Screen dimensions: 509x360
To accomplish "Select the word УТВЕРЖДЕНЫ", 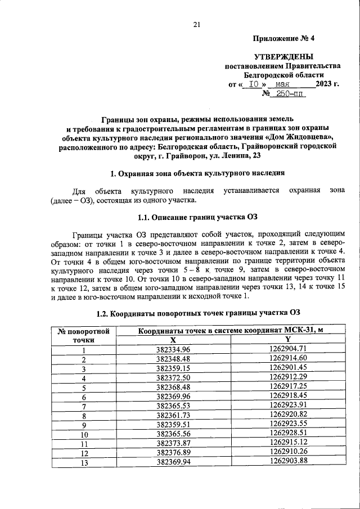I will point(283,56).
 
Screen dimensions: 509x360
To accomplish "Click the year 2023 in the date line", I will point(325,84).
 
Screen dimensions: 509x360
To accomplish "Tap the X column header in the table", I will point(173,340).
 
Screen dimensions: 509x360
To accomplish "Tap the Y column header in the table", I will point(287,340).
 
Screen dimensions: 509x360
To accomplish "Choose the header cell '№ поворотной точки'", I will point(83,335).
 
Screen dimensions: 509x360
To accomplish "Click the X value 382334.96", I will point(173,349).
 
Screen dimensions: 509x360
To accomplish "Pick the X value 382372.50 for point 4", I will point(173,377).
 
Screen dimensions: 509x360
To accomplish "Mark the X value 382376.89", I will point(173,452).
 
